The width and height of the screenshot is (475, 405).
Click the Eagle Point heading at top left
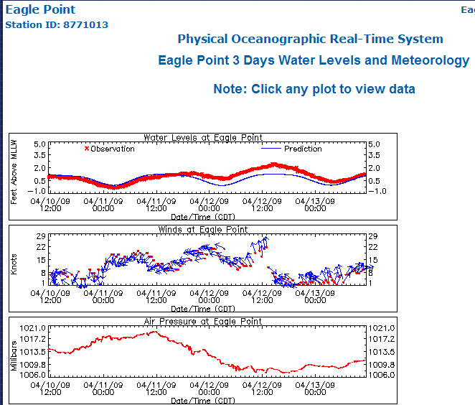click(x=40, y=10)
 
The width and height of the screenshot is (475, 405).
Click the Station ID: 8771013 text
click(x=57, y=25)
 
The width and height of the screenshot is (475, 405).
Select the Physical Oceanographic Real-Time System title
click(x=310, y=39)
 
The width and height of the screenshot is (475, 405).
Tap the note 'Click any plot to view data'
click(x=314, y=89)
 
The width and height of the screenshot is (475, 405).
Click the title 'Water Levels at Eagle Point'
click(x=203, y=137)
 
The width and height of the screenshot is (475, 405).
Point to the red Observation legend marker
click(x=87, y=149)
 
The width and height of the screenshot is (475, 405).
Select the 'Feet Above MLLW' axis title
click(x=14, y=172)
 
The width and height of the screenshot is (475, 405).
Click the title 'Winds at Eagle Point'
click(x=203, y=230)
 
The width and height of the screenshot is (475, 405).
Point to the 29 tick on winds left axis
click(x=41, y=236)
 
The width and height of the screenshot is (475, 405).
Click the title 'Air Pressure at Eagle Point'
click(x=203, y=322)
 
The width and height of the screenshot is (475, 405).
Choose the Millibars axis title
click(x=14, y=353)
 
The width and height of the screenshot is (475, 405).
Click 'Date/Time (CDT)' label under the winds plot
click(x=203, y=309)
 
